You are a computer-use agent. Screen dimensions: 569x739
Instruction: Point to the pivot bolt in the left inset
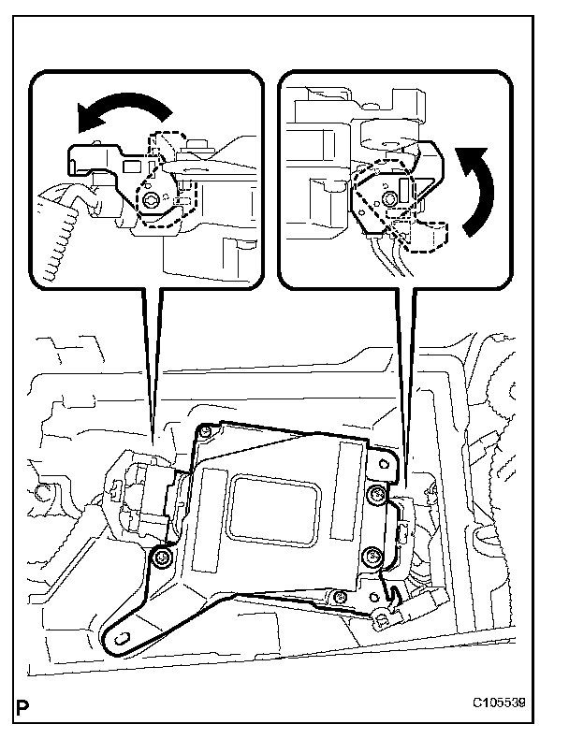point(150,199)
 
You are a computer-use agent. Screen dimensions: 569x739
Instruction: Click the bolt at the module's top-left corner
point(203,431)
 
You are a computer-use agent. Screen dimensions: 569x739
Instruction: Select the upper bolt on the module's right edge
point(376,493)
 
